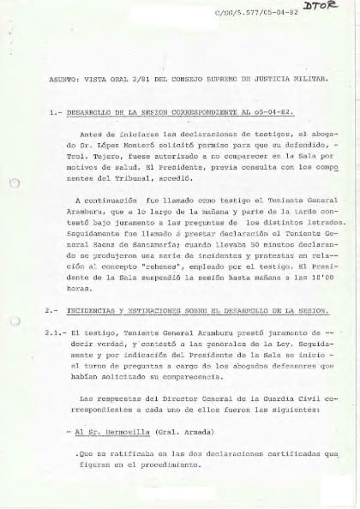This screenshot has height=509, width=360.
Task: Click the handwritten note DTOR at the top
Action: [327, 8]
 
